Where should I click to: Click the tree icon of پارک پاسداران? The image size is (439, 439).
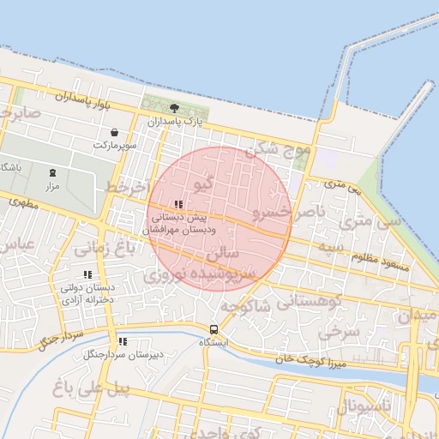pyautogui.click(x=174, y=108)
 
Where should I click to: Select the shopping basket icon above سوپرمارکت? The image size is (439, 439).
pyautogui.click(x=115, y=132)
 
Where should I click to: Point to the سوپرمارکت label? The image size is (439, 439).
pyautogui.click(x=116, y=147)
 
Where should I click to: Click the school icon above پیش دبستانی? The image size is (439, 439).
pyautogui.click(x=178, y=204)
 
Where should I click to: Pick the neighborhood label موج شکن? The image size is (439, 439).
pyautogui.click(x=278, y=152)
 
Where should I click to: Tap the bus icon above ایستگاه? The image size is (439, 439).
pyautogui.click(x=213, y=329)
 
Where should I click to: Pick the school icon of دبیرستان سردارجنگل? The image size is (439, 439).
pyautogui.click(x=122, y=340)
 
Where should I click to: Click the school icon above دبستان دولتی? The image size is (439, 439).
pyautogui.click(x=88, y=275)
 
